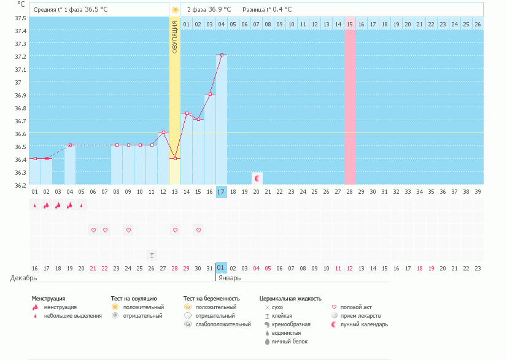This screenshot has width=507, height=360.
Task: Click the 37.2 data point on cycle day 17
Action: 222,55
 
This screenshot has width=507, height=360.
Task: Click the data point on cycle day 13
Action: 175,158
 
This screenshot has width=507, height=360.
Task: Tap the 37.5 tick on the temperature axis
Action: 20,18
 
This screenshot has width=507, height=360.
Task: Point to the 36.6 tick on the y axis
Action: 20,134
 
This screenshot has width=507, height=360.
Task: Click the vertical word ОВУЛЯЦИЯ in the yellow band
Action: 175,37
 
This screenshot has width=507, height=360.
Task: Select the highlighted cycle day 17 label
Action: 222,192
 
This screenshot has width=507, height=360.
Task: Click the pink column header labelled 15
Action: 350,24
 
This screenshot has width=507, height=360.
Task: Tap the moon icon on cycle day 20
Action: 257,178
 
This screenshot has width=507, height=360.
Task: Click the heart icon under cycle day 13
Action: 175,230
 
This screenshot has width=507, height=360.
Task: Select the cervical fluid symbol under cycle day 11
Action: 152,255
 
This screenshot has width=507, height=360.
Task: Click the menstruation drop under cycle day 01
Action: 34,205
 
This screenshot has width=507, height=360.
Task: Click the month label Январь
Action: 230,278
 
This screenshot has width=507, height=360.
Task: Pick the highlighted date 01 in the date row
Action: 222,268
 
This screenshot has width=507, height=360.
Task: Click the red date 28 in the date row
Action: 175,268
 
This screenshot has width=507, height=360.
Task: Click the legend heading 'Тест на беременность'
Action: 211,299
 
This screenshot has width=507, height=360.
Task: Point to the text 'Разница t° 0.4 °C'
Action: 267,10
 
